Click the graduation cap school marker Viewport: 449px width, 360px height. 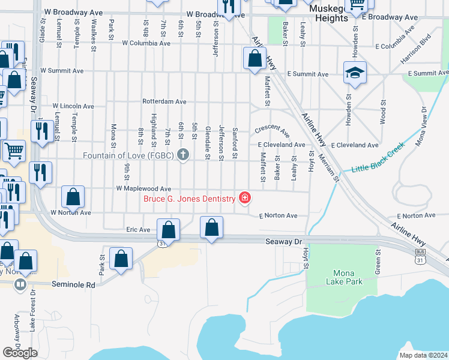tap(355, 73)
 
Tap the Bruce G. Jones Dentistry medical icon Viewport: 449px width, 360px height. tap(244, 197)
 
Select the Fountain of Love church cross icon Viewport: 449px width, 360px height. tap(184, 155)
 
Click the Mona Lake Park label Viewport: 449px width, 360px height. tap(345, 277)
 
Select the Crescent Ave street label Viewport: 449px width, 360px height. tap(272, 130)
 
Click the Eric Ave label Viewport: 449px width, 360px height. tap(138, 229)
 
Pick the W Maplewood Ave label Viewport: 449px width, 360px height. tap(139, 189)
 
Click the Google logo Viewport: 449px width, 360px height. tap(20, 353)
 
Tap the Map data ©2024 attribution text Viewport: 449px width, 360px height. tap(423, 355)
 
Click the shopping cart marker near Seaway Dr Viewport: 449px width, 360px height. tap(14, 151)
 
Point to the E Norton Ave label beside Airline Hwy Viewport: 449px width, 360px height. tap(417, 215)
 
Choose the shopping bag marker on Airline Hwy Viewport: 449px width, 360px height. tap(255, 59)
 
